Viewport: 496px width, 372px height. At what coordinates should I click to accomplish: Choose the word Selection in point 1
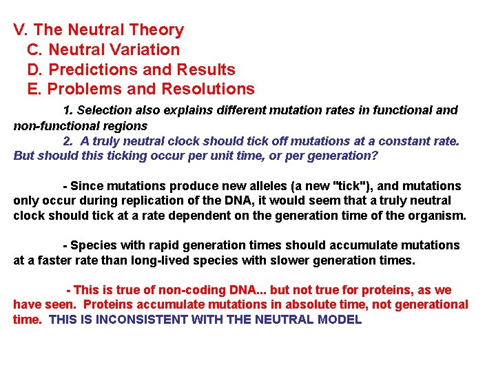[104, 110]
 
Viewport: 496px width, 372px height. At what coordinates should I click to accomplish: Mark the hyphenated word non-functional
[50, 125]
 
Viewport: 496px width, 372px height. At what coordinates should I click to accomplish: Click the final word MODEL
[340, 320]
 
